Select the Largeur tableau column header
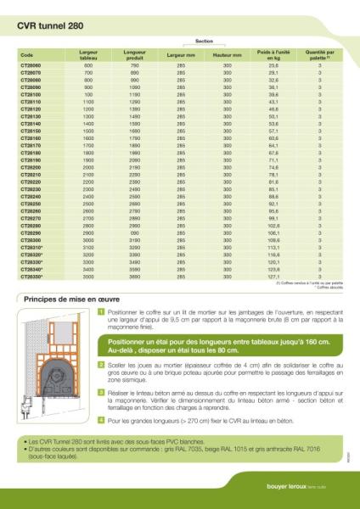(87, 54)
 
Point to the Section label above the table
(204, 41)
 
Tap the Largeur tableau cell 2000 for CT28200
(87, 167)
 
